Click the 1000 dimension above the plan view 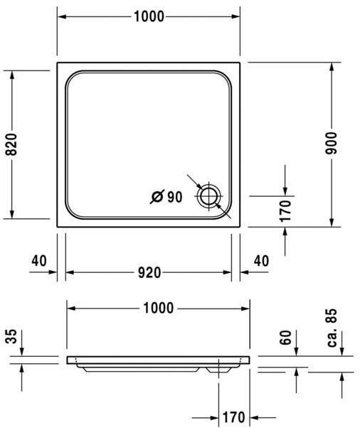[148, 16]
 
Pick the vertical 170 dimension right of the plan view [285, 211]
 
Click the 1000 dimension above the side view [158, 308]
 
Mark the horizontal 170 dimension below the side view [233, 417]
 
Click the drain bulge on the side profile [213, 368]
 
